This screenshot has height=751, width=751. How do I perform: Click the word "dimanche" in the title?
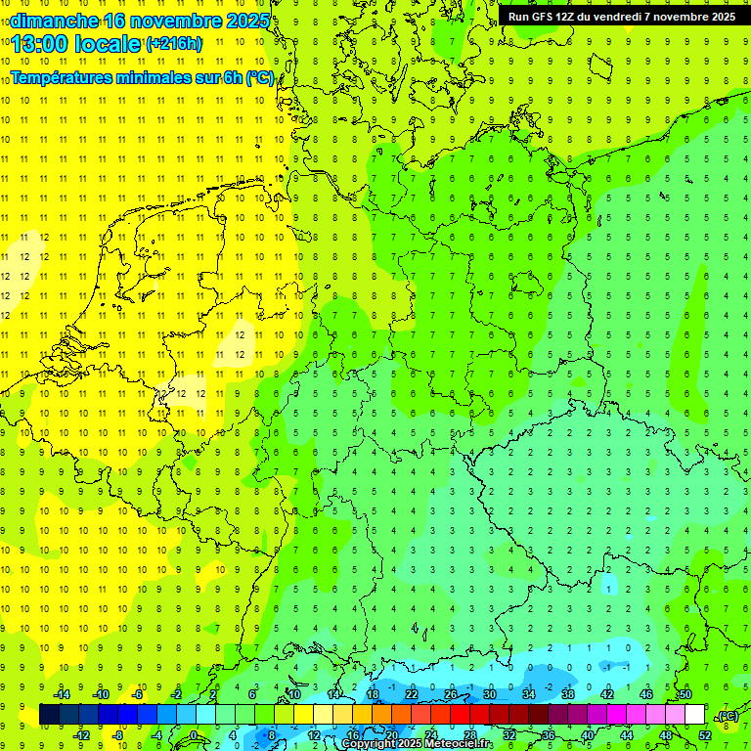(x=53, y=21)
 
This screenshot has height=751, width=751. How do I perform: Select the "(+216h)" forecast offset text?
(x=174, y=44)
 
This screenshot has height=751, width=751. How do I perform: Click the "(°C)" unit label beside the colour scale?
(x=727, y=716)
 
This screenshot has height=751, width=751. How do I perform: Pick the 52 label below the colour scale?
(x=705, y=735)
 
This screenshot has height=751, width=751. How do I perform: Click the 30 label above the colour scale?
(x=489, y=694)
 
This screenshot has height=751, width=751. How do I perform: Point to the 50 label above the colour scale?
(x=685, y=694)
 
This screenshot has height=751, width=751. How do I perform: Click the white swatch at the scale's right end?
(x=695, y=715)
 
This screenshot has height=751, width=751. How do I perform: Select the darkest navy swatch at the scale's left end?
(x=49, y=715)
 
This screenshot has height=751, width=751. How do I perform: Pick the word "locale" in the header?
(x=108, y=43)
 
